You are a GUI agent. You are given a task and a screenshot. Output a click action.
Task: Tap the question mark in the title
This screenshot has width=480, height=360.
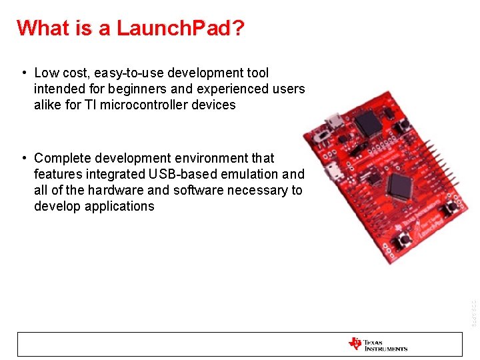point(239,28)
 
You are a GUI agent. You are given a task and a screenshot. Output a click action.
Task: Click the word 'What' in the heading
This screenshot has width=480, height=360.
point(41,28)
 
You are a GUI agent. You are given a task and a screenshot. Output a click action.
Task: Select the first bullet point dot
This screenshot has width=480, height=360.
point(24,73)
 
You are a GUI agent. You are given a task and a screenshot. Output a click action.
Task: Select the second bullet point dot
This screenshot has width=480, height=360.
point(24,158)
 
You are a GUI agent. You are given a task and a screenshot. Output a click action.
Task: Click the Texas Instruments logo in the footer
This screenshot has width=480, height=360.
point(377,344)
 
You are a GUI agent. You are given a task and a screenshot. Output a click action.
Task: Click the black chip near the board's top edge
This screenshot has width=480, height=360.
point(367,123)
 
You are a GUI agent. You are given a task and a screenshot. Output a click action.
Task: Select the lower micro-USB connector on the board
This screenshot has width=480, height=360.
point(334,175)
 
